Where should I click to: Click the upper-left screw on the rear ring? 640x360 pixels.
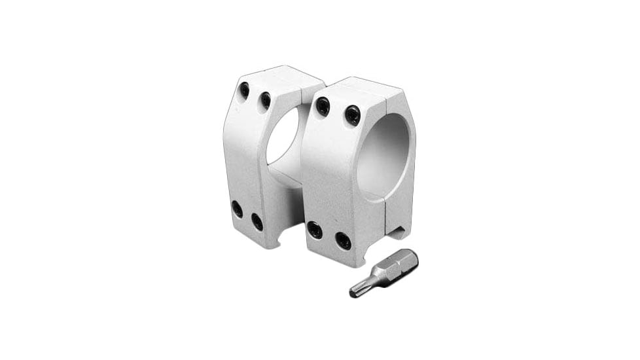[x=244, y=90]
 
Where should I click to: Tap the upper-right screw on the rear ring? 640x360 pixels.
[x=265, y=100]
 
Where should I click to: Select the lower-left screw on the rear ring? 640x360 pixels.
[x=237, y=209]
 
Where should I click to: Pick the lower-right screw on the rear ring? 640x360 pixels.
[x=257, y=222]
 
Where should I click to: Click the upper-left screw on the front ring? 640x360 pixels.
[x=323, y=106]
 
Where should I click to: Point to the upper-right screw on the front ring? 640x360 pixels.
[x=353, y=115]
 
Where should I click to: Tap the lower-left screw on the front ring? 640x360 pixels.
[x=315, y=230]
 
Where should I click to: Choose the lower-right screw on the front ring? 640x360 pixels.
[x=343, y=240]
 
